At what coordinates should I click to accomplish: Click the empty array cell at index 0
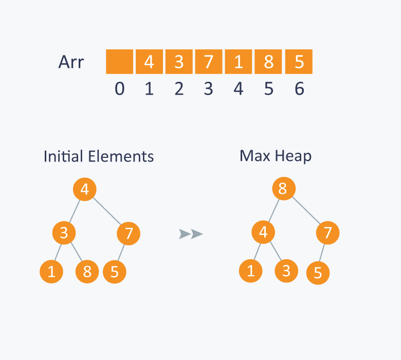point(119,62)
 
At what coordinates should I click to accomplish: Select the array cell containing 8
point(269,62)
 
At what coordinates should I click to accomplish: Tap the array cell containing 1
point(239,62)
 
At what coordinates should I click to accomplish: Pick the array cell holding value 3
point(179,62)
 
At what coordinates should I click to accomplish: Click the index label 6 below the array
point(299,89)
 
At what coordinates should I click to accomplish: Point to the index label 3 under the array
point(209,89)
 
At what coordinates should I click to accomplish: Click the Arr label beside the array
point(71,62)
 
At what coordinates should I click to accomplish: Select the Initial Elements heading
point(99,156)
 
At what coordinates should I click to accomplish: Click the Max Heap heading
point(275,156)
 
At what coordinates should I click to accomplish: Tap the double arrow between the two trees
point(191,234)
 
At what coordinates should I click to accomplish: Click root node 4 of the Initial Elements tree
point(84,189)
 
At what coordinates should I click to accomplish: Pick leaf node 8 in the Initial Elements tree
point(87,271)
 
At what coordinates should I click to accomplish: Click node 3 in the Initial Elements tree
point(64,233)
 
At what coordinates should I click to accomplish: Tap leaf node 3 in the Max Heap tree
point(286,271)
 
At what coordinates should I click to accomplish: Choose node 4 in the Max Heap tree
point(263,233)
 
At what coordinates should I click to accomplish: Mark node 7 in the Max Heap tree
point(327,233)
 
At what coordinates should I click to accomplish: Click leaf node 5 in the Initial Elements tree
point(114,272)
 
